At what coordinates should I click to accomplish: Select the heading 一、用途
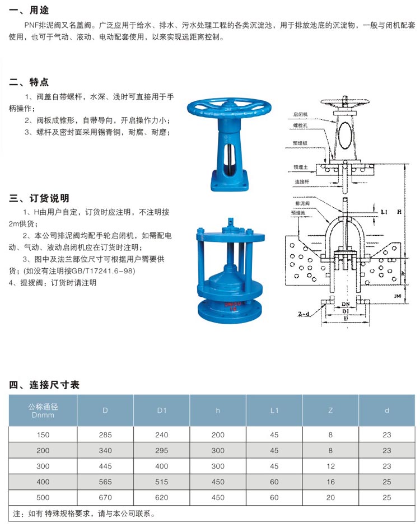(x=28, y=10)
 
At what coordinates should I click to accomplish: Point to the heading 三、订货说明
(x=39, y=198)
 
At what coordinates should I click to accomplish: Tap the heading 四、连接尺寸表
(x=45, y=385)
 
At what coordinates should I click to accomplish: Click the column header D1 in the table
(x=162, y=410)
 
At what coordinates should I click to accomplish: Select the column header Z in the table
(x=330, y=410)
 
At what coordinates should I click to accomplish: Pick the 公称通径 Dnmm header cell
(x=43, y=410)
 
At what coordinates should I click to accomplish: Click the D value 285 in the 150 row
(x=105, y=435)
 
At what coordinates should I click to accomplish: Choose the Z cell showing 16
(x=330, y=482)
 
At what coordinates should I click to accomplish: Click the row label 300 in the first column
(x=43, y=466)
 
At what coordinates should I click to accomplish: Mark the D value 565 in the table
(x=105, y=482)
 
